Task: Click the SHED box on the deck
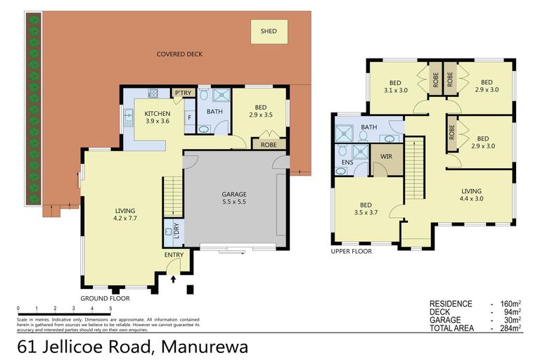pyautogui.click(x=269, y=32)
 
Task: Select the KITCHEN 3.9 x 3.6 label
pyautogui.click(x=158, y=117)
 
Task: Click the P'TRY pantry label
pyautogui.click(x=184, y=94)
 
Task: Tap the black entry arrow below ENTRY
pyautogui.click(x=174, y=279)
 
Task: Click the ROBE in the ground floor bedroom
pyautogui.click(x=267, y=144)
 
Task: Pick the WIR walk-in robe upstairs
pyautogui.click(x=386, y=156)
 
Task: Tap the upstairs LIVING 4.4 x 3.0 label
pyautogui.click(x=471, y=195)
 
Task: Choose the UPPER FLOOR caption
pyautogui.click(x=351, y=251)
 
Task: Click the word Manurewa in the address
pyautogui.click(x=205, y=347)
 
